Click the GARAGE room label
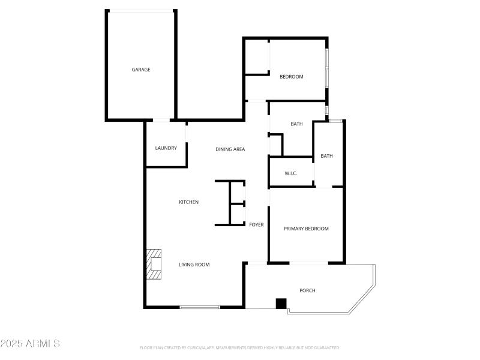141,70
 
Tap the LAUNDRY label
166,148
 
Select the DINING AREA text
230,149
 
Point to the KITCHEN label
188,202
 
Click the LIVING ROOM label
194,264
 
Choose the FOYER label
256,224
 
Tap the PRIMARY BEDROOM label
306,229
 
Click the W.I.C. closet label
291,174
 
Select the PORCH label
307,290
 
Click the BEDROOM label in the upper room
292,77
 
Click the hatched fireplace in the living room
154,265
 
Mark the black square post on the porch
281,304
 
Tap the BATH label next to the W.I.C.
326,156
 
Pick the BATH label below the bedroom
296,124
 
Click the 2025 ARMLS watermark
30,344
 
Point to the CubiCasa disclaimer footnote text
240,347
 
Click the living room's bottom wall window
200,307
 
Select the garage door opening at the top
142,10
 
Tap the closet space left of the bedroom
256,57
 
